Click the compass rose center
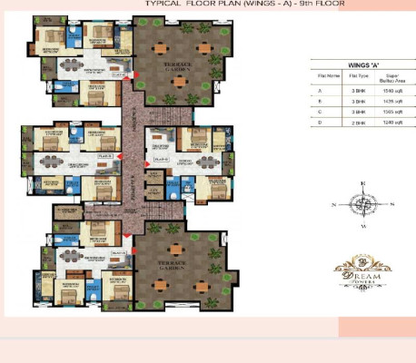363,205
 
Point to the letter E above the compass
363,184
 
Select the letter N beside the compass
334,205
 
